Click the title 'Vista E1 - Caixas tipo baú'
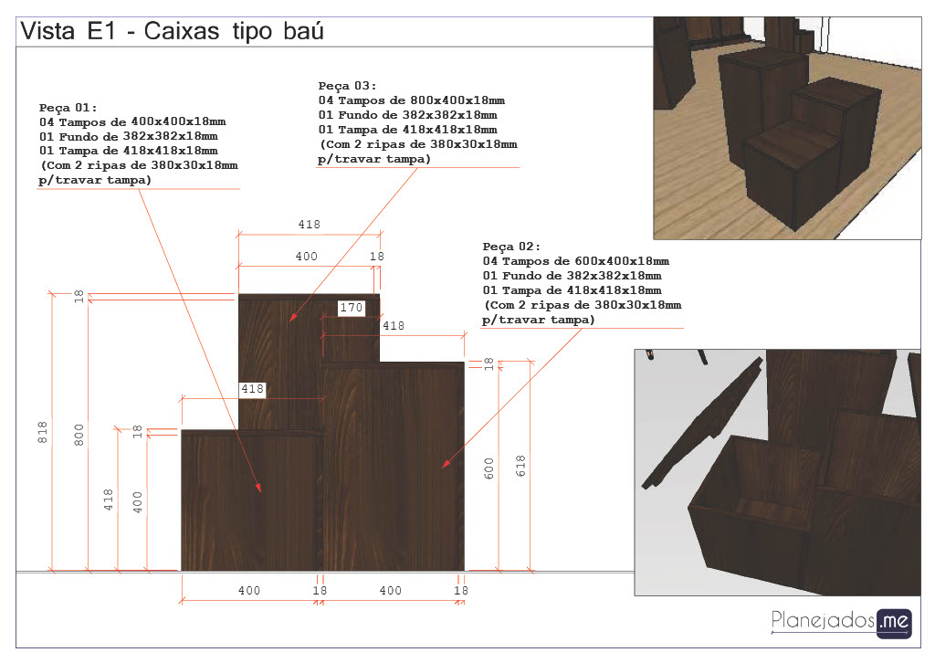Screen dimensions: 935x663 coord(172,31)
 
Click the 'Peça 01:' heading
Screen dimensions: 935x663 coord(68,108)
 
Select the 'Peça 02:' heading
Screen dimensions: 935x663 coord(511,247)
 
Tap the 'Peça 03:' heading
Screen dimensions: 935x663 coord(347,86)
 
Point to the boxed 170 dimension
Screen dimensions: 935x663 coord(351,308)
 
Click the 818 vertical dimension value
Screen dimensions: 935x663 coord(42,432)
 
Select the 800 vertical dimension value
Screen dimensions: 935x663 coord(79,436)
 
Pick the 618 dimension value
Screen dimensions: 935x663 coord(520,466)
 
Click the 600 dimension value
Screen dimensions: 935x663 coord(489,468)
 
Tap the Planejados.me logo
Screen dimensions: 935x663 coord(841,623)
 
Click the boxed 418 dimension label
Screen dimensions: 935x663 coord(252,389)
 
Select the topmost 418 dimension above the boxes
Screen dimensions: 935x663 coord(309,225)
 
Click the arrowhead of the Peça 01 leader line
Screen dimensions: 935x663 coord(258,488)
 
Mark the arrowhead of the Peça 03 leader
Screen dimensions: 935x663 coord(292,317)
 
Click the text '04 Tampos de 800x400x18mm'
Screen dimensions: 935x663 coord(412,100)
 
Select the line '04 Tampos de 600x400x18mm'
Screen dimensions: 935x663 coord(576,261)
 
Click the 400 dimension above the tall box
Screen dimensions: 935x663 coord(307,257)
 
